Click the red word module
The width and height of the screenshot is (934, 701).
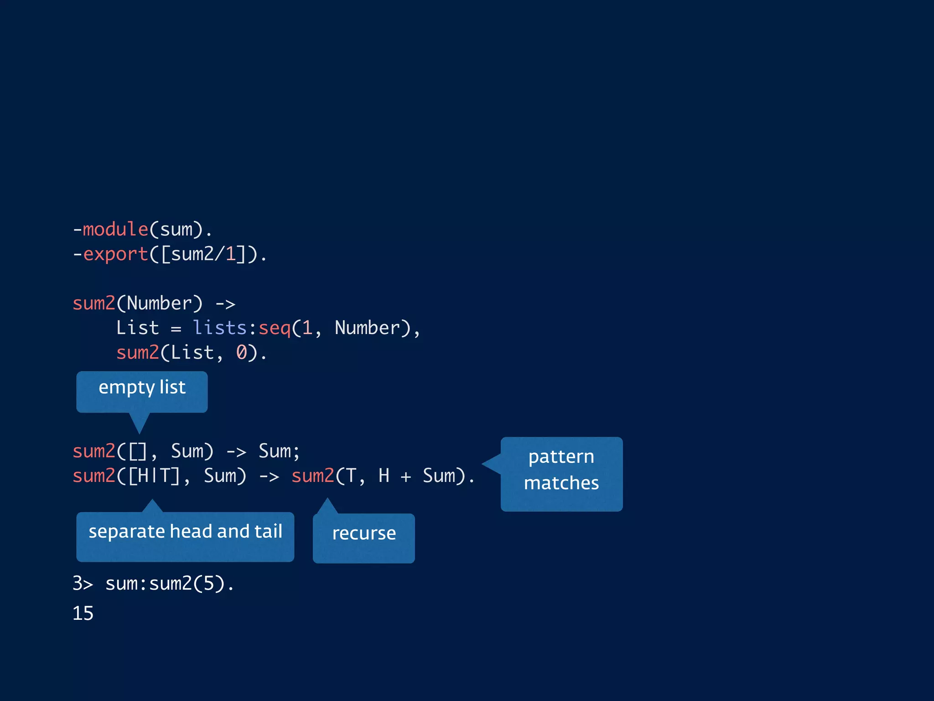(115, 229)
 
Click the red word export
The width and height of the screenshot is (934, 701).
(115, 254)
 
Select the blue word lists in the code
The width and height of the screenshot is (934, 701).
(219, 328)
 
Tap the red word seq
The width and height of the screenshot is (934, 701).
(275, 328)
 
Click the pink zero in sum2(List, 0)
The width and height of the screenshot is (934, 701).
(241, 352)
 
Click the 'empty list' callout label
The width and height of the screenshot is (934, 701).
(142, 388)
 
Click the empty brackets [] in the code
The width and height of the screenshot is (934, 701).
(137, 451)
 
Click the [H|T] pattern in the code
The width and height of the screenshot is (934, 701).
(154, 476)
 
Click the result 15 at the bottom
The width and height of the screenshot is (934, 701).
(83, 613)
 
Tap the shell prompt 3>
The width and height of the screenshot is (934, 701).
(83, 584)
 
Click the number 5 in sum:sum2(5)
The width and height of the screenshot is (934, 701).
(208, 584)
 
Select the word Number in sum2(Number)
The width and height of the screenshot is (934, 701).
(159, 303)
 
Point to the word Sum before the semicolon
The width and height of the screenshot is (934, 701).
(275, 451)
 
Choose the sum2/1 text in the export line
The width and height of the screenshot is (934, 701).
(203, 254)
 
